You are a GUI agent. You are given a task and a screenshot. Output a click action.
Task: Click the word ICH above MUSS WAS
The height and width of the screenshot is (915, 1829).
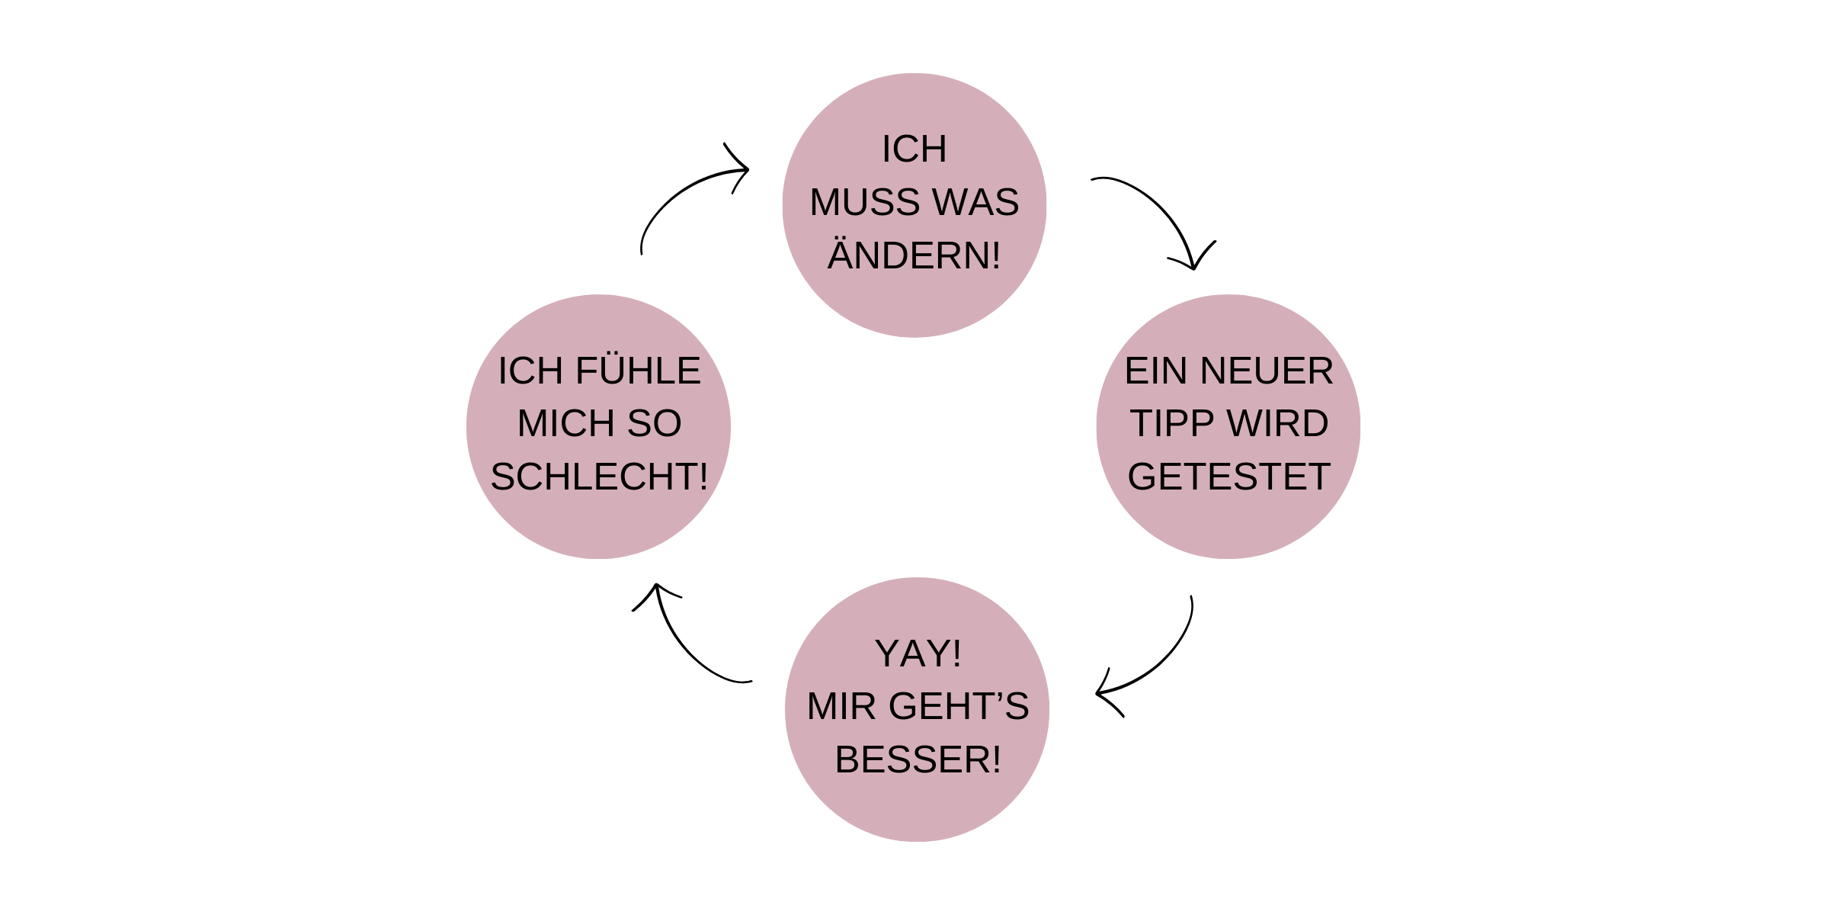click(x=914, y=149)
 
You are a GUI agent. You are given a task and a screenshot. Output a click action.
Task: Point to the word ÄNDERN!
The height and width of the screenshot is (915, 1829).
click(x=914, y=255)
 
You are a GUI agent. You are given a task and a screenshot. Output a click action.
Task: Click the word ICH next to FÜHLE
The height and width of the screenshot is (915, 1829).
click(x=531, y=372)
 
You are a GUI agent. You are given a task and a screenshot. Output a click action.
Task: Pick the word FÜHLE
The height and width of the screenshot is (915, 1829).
click(x=638, y=371)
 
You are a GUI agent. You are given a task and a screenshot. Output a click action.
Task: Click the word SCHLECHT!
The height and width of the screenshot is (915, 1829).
click(x=599, y=477)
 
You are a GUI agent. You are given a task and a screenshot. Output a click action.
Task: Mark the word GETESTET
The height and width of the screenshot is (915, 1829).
click(x=1228, y=477)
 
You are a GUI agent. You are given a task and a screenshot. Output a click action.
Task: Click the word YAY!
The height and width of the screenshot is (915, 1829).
click(x=918, y=654)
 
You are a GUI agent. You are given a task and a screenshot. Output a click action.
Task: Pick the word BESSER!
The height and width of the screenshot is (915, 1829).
click(x=918, y=760)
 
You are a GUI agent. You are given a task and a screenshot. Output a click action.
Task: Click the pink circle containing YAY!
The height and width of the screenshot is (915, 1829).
click(x=918, y=808)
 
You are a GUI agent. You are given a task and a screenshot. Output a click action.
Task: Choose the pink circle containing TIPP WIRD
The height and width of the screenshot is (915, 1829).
click(x=1228, y=526)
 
